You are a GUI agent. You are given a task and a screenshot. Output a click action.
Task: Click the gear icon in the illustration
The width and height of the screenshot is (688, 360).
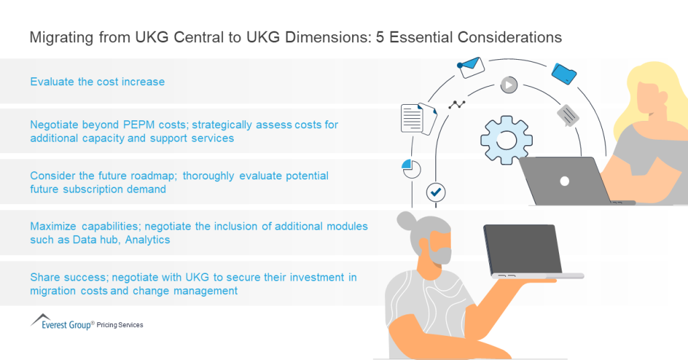tap(506, 140)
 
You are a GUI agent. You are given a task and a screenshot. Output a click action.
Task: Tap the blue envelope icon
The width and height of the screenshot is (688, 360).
tap(472, 66)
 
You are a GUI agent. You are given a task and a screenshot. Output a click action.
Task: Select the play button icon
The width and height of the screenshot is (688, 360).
tap(509, 85)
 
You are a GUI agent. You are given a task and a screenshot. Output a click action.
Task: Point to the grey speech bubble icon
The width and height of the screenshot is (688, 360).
tap(568, 116)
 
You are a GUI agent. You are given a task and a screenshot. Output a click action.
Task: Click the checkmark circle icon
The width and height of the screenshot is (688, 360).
tap(436, 193)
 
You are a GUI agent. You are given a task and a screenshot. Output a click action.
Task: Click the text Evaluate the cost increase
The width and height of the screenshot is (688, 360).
tap(97, 82)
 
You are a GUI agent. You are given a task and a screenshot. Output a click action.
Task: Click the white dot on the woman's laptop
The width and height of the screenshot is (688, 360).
tap(564, 181)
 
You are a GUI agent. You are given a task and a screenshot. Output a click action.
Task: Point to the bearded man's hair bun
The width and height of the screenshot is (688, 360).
tap(407, 220)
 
